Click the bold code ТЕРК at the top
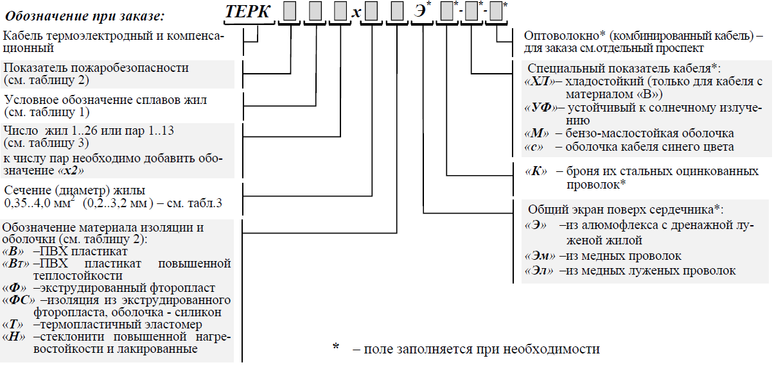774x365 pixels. pyautogui.click(x=248, y=13)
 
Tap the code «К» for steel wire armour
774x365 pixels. pyautogui.click(x=536, y=171)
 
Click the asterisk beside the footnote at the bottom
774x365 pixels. pyautogui.click(x=336, y=348)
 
